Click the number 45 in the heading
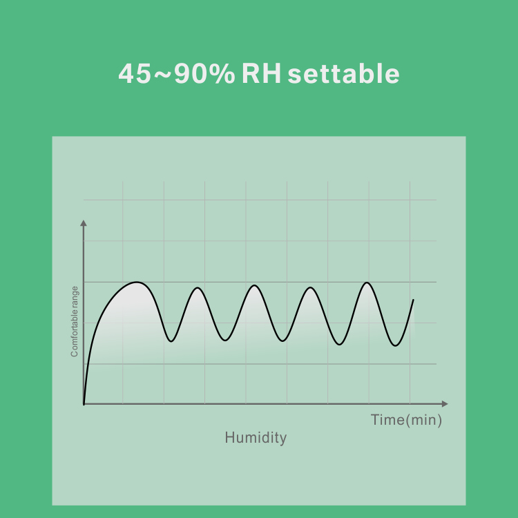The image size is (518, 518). point(135,73)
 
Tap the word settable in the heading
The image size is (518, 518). point(343,73)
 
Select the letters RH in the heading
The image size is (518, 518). point(261,73)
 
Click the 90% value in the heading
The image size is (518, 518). point(204,73)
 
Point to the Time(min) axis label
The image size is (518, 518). point(406,420)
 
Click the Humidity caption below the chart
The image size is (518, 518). point(256,438)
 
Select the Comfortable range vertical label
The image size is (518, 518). point(75,321)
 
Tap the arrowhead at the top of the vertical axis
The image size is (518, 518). point(84,223)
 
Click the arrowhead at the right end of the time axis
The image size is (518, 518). point(445,404)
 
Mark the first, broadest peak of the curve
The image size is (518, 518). point(137,282)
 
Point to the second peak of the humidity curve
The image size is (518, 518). point(198,288)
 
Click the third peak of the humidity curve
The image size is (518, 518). point(254,285)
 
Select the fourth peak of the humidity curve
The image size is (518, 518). point(311,288)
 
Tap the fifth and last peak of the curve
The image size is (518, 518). point(367,282)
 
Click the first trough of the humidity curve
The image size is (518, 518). point(171,341)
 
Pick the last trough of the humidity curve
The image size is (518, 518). point(396,345)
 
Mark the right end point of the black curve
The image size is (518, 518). point(413,300)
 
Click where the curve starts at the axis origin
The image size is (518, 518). point(84,404)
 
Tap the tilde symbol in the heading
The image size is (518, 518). point(162,75)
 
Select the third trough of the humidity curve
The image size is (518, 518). point(282,340)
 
